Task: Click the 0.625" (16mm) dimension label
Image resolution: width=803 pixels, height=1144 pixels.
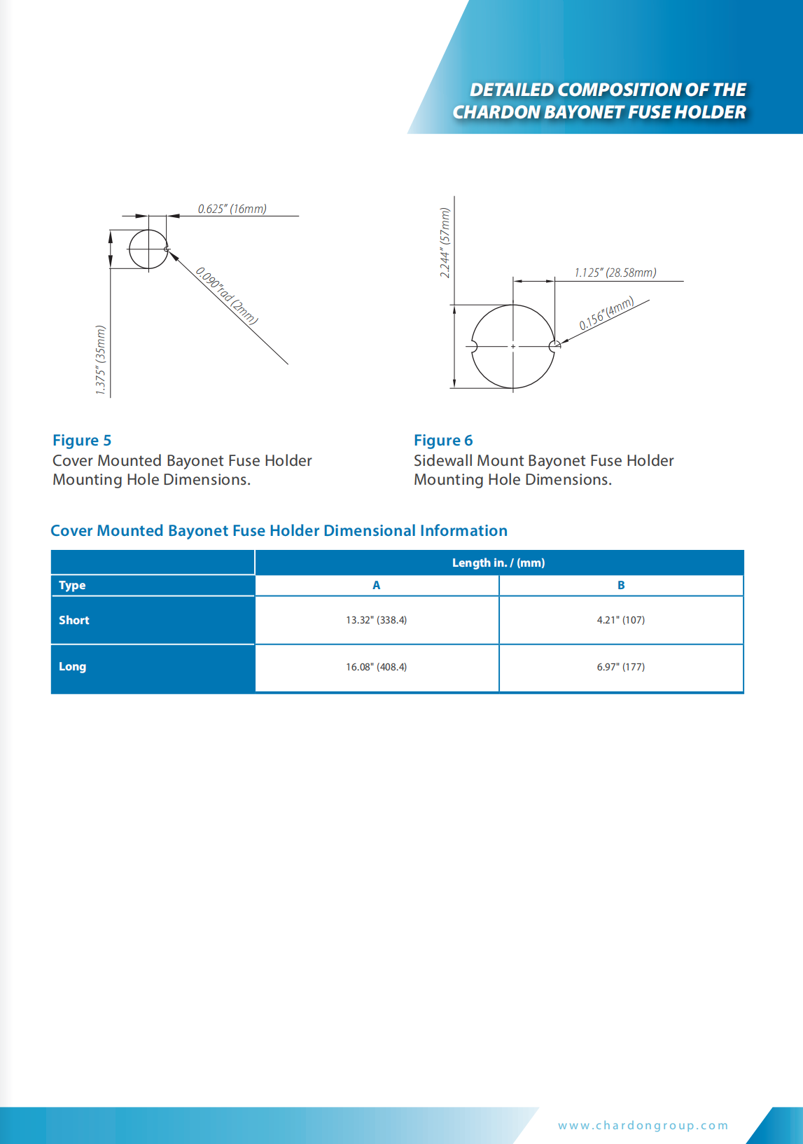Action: coord(232,209)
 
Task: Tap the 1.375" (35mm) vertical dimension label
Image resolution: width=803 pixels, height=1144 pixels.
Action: coord(101,360)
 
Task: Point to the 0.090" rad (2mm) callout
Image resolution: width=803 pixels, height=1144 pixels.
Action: coord(227,296)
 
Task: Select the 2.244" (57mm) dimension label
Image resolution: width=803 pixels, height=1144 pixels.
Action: coord(445,243)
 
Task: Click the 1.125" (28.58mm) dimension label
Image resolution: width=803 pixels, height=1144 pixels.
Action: coord(615,273)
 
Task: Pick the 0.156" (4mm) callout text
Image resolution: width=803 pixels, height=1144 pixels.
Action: coord(606,313)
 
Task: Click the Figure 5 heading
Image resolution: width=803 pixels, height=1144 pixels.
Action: coord(82,440)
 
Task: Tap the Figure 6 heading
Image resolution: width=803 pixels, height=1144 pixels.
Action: coord(443,440)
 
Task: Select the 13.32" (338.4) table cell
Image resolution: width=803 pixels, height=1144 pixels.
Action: coord(376,620)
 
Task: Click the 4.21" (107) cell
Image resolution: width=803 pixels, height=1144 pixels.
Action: coord(620,620)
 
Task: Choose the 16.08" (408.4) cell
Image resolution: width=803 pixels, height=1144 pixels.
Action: coord(376,667)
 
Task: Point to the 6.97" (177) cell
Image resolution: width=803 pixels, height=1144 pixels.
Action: coord(620,667)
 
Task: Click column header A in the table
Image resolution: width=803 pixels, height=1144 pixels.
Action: coord(376,585)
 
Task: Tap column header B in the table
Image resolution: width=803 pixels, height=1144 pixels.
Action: coord(620,585)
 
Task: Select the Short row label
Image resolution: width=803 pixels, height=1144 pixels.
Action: coord(74,620)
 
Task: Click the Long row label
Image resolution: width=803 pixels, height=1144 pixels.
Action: coord(72,666)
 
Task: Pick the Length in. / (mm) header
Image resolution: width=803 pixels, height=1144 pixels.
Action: coord(498,563)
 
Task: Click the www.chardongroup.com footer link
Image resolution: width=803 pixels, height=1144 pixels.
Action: coord(643,1125)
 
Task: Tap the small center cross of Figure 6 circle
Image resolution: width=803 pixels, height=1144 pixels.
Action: coord(513,346)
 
